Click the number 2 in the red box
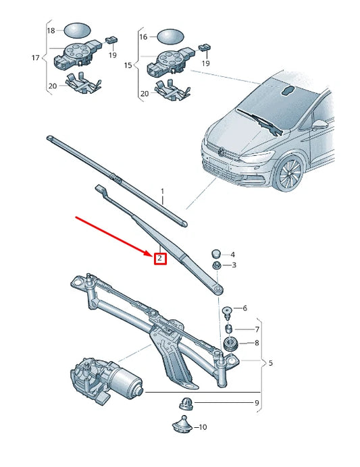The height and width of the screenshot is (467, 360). click(x=159, y=258)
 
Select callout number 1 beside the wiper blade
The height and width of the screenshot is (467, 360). click(x=162, y=192)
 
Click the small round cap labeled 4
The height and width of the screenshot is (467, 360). click(x=216, y=253)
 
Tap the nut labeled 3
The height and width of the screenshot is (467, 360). click(x=216, y=267)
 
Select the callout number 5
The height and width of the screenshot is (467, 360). click(x=270, y=363)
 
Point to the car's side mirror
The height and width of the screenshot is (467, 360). click(x=317, y=126)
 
